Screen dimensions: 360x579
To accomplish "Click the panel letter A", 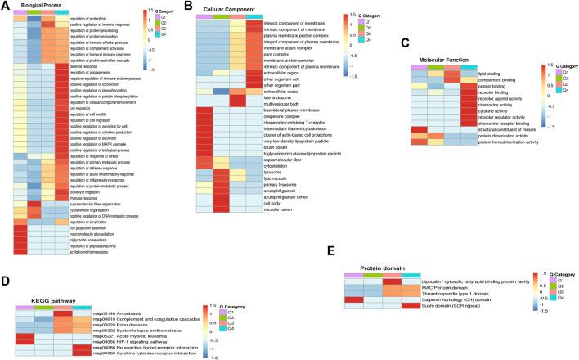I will point(5,5).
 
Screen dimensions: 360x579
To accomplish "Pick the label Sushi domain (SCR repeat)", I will point(465,307).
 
